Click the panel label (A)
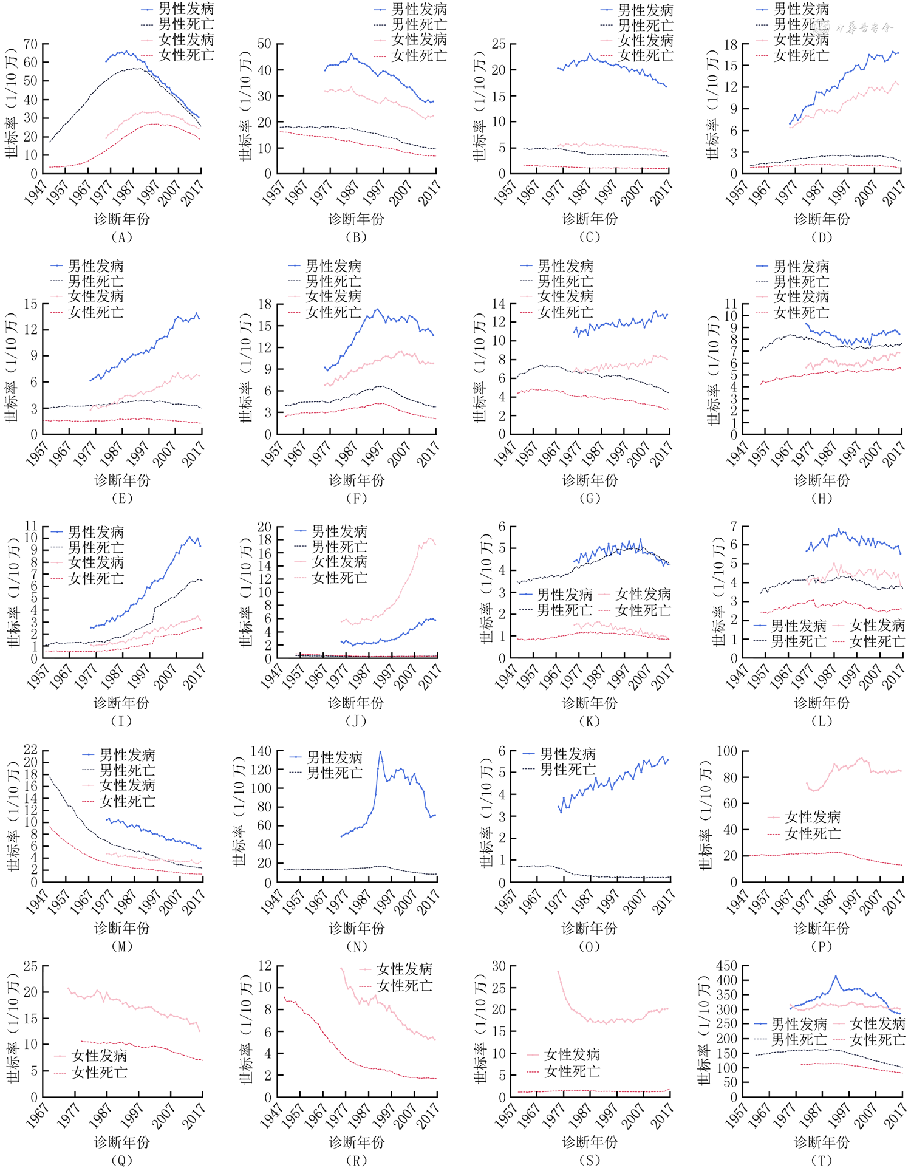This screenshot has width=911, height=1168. pyautogui.click(x=121, y=237)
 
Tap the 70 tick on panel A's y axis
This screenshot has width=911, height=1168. pyautogui.click(x=30, y=44)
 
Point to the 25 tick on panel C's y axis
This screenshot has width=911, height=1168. pyautogui.click(x=499, y=44)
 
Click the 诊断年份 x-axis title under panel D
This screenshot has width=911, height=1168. pyautogui.click(x=821, y=219)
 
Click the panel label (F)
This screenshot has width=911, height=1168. pyautogui.click(x=356, y=499)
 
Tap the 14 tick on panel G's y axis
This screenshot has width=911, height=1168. pyautogui.click(x=499, y=304)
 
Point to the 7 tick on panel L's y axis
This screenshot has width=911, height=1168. pyautogui.click(x=734, y=526)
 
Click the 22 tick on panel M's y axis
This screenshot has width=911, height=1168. pyautogui.click(x=30, y=750)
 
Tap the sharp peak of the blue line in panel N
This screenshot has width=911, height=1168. pyautogui.click(x=381, y=752)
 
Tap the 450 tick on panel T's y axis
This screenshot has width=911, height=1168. pyautogui.click(x=727, y=966)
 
